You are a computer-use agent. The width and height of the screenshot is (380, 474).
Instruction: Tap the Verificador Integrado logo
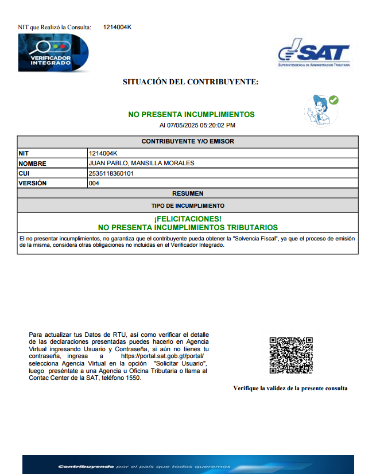click(x=53, y=52)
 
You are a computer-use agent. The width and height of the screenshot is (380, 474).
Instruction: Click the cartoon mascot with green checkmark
click(x=320, y=110)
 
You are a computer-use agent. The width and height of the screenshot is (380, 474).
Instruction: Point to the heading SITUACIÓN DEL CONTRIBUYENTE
click(x=191, y=82)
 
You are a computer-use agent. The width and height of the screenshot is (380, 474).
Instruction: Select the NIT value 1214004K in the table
click(x=103, y=153)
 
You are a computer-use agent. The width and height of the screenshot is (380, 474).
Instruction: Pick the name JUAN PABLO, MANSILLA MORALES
click(x=141, y=163)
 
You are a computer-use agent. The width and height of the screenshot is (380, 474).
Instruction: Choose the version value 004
click(x=94, y=183)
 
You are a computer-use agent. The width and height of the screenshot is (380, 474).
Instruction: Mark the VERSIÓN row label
click(x=33, y=183)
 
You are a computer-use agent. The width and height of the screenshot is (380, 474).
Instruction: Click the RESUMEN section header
click(x=188, y=193)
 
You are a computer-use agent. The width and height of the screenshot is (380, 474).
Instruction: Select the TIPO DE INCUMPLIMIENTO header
click(x=188, y=205)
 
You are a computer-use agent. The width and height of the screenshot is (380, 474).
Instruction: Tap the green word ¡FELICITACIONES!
click(x=188, y=219)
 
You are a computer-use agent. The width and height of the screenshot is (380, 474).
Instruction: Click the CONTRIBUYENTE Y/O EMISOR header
click(x=188, y=141)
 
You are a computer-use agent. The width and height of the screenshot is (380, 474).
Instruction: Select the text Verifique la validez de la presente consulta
click(x=290, y=388)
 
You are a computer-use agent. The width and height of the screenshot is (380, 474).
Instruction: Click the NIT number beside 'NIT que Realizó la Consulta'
click(x=118, y=27)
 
